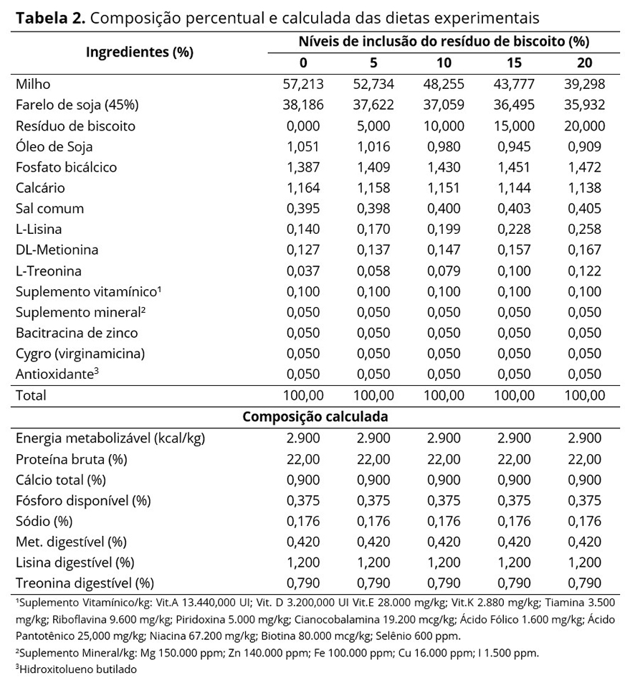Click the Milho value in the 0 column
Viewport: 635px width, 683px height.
[x=305, y=84]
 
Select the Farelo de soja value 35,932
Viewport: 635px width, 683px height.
[x=584, y=105]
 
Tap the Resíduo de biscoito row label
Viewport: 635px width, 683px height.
[x=75, y=126]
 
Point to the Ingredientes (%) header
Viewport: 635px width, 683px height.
[x=139, y=52]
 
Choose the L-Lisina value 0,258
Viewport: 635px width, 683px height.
[x=584, y=230]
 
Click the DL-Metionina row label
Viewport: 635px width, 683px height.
[x=57, y=250]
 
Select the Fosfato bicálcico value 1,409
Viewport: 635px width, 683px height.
[x=374, y=167]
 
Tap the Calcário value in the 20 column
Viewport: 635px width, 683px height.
[x=584, y=188]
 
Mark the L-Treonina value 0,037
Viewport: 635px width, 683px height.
[x=305, y=271]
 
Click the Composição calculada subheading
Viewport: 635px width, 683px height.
[x=315, y=416]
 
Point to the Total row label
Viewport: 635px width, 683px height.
[x=31, y=395]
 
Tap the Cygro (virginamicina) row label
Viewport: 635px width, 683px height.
[x=80, y=354]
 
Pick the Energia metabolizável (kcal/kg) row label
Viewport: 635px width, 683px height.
[x=105, y=438]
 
